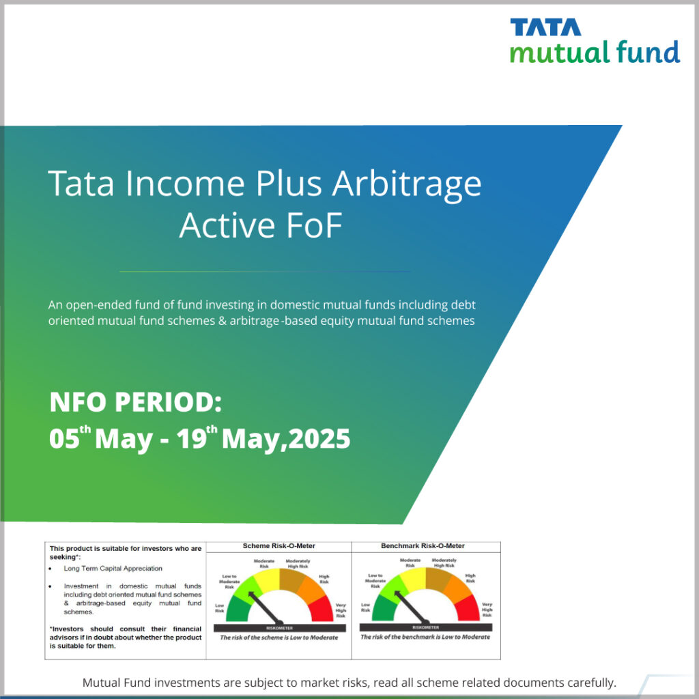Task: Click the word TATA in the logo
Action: pos(545,27)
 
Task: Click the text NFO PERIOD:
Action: pos(135,403)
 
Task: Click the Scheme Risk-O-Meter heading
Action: pos(279,546)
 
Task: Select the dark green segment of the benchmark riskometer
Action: pos(381,607)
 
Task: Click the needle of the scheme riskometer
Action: pos(263,605)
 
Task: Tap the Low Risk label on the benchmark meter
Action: pos(366,608)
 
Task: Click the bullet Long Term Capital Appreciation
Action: pos(113,568)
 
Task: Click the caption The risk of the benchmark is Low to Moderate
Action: pos(425,637)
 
